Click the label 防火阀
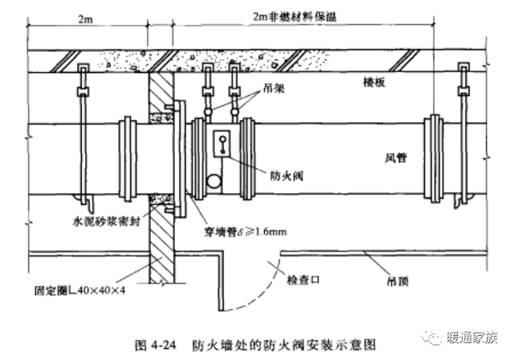(287, 176)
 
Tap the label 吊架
(273, 88)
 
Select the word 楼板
(374, 82)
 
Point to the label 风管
(396, 158)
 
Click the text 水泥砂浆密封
(107, 221)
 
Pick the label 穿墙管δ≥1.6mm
(245, 232)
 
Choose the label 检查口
(303, 280)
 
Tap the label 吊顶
(398, 281)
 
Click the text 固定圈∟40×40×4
(80, 290)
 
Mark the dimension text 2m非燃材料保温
(295, 16)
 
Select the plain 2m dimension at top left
(85, 19)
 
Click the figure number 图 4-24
(155, 345)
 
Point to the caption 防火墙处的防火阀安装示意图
(284, 345)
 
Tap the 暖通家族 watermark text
(472, 337)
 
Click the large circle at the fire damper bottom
(214, 182)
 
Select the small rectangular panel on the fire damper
(222, 144)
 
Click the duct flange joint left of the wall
(128, 158)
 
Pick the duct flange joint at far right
(434, 158)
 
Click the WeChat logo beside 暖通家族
(433, 337)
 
